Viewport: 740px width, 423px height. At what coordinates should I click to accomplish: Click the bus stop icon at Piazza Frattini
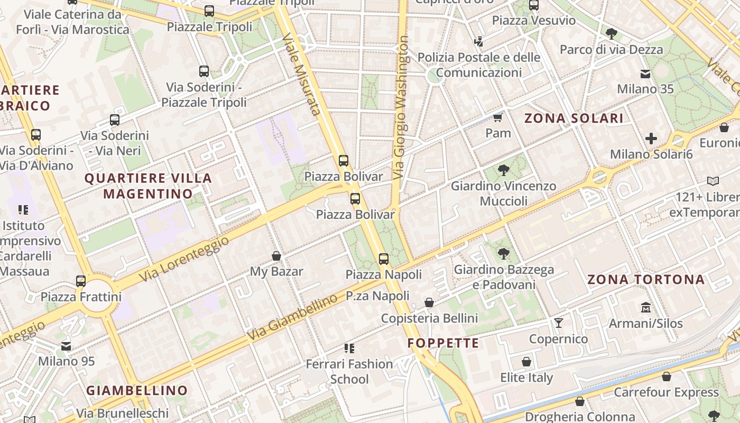pyautogui.click(x=81, y=281)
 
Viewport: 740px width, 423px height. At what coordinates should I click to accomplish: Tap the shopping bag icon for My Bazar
pyautogui.click(x=276, y=256)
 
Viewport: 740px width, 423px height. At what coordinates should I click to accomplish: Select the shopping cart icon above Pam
pyautogui.click(x=497, y=117)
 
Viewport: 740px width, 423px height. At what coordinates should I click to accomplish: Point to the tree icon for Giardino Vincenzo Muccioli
pyautogui.click(x=504, y=170)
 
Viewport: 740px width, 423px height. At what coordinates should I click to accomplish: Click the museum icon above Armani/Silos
pyautogui.click(x=645, y=307)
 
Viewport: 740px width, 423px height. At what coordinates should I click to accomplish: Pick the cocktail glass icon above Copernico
pyautogui.click(x=558, y=323)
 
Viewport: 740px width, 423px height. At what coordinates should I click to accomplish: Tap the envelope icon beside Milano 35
pyautogui.click(x=645, y=73)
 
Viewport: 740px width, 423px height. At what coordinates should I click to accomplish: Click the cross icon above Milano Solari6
pyautogui.click(x=651, y=139)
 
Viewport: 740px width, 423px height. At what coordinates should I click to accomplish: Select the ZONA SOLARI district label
pyautogui.click(x=574, y=118)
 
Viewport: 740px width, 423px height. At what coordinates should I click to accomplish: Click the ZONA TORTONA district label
pyautogui.click(x=646, y=280)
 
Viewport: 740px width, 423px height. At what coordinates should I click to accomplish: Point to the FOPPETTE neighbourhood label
pyautogui.click(x=443, y=343)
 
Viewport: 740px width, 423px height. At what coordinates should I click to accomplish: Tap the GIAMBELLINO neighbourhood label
pyautogui.click(x=137, y=391)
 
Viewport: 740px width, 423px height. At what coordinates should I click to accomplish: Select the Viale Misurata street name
pyautogui.click(x=302, y=74)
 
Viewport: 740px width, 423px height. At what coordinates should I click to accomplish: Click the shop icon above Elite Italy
pyautogui.click(x=526, y=362)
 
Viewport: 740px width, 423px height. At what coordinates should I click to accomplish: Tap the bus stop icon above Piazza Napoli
pyautogui.click(x=384, y=259)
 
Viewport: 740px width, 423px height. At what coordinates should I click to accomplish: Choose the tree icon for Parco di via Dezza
pyautogui.click(x=612, y=34)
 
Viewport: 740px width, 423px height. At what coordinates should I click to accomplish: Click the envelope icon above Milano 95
pyautogui.click(x=66, y=346)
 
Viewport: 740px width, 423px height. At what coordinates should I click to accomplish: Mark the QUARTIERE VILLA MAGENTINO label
pyautogui.click(x=149, y=186)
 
